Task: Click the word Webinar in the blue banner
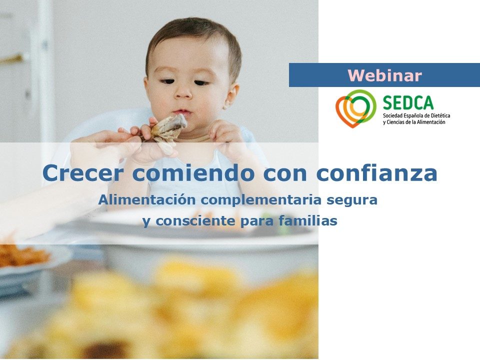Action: point(384,75)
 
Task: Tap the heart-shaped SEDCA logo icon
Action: point(355,108)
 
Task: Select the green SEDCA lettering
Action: point(408,102)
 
